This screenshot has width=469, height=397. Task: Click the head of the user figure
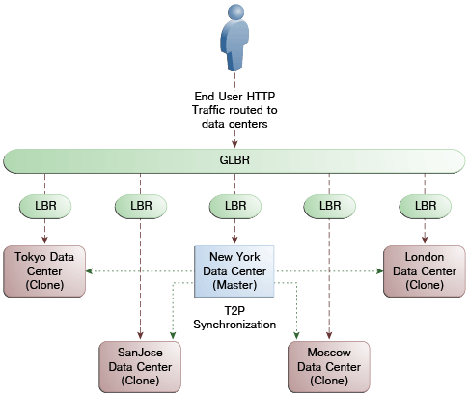coord(235,13)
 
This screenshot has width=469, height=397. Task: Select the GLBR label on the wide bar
coord(234,160)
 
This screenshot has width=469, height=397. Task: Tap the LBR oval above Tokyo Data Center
coord(45,206)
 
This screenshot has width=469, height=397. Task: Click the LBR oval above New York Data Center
coord(235,206)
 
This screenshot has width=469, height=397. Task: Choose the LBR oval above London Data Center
coord(425,206)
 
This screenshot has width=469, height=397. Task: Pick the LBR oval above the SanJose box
coord(141,206)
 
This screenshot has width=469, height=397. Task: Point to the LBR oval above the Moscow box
coord(330,206)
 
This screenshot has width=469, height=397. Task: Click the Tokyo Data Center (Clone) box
coord(44,271)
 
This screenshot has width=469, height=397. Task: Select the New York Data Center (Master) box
coord(234,271)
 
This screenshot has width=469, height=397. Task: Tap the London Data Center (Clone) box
coord(425,271)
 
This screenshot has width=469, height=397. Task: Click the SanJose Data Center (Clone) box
coord(140,367)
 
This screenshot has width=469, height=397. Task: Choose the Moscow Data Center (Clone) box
coord(329,367)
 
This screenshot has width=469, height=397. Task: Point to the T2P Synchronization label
coord(234,318)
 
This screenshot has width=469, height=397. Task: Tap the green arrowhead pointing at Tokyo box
coord(90,271)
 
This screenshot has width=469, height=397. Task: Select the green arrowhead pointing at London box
coord(379,271)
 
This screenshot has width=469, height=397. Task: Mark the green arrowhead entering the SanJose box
coord(173,336)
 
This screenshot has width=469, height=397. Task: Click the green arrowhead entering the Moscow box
coord(296,336)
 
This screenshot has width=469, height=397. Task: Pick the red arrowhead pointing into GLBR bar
coord(234,144)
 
